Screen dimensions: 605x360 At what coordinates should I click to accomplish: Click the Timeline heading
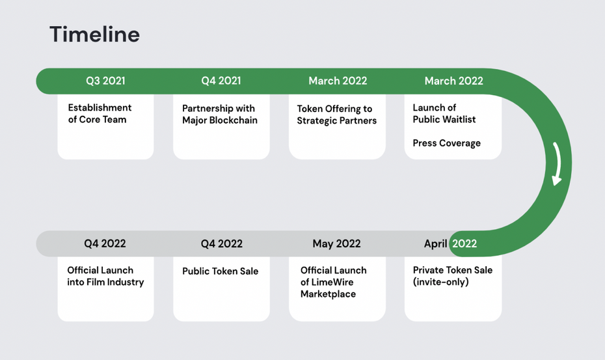tap(94, 34)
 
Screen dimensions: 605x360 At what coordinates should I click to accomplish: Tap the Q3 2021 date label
tap(105, 81)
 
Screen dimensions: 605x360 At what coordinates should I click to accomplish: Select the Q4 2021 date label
tap(221, 81)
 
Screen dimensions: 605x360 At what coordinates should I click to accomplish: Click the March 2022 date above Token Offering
tap(338, 81)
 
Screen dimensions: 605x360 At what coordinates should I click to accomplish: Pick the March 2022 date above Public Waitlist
tap(454, 81)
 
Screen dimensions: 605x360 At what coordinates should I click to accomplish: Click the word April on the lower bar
tap(435, 243)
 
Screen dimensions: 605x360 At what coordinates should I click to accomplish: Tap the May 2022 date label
tap(336, 243)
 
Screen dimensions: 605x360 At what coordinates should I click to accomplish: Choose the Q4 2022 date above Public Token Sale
tap(221, 243)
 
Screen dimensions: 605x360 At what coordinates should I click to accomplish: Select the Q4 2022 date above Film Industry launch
tap(105, 243)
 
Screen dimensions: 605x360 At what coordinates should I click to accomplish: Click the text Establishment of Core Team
tap(100, 113)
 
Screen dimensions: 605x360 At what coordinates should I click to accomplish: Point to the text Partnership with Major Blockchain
tap(219, 115)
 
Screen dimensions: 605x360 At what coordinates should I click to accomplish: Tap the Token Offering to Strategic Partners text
tap(336, 115)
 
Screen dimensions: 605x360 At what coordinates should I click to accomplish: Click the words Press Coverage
tap(446, 143)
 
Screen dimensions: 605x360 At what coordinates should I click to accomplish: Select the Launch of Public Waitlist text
tap(444, 113)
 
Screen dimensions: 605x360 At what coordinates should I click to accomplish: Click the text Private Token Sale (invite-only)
tap(453, 276)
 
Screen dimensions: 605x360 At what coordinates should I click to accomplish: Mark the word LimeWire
tap(327, 283)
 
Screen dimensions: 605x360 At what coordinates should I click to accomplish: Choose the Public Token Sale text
tap(221, 271)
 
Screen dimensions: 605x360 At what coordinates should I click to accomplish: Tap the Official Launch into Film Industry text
tap(105, 276)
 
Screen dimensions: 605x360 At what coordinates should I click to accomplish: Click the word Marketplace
tap(328, 294)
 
